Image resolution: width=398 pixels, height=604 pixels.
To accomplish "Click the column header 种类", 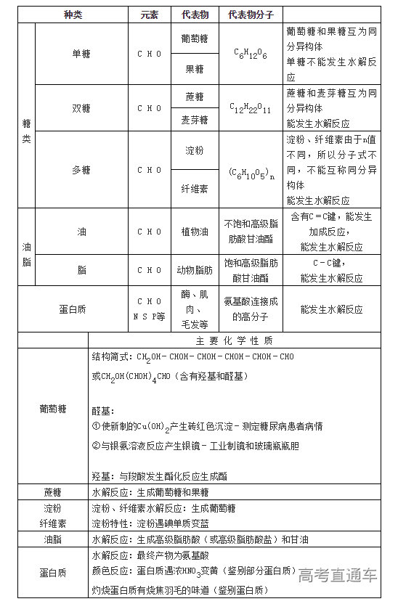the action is [x=73, y=15].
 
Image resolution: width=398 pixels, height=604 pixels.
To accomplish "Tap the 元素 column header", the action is [x=150, y=15].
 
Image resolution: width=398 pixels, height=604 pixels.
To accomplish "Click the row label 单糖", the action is [x=81, y=54].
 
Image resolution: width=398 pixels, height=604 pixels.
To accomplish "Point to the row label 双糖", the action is [x=81, y=107].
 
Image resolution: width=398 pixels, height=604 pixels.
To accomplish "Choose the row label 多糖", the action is [x=81, y=170].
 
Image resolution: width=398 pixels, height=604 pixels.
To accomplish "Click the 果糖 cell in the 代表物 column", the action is [x=194, y=69].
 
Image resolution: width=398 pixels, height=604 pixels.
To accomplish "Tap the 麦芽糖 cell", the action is [x=194, y=120].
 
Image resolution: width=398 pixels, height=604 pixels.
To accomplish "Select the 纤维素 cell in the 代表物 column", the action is [x=194, y=188].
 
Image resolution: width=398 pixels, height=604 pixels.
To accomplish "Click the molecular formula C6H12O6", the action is [x=250, y=54].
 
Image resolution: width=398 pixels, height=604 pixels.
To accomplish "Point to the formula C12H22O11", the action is [x=250, y=108].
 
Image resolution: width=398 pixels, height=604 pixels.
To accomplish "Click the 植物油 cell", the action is [x=194, y=232].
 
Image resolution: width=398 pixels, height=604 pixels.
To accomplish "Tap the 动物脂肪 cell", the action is [x=194, y=270].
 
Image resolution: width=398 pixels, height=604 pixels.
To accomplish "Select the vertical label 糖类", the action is [x=26, y=130].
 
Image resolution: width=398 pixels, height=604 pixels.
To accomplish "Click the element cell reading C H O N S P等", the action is [x=150, y=309].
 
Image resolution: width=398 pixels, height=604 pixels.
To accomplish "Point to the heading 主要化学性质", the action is [x=234, y=340].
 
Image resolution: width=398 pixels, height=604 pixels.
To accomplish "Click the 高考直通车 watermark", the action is [x=337, y=576].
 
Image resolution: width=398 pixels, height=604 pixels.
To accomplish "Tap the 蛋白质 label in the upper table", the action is [x=73, y=309].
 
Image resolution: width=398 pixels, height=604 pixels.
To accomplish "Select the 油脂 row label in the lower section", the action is [x=52, y=540].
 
